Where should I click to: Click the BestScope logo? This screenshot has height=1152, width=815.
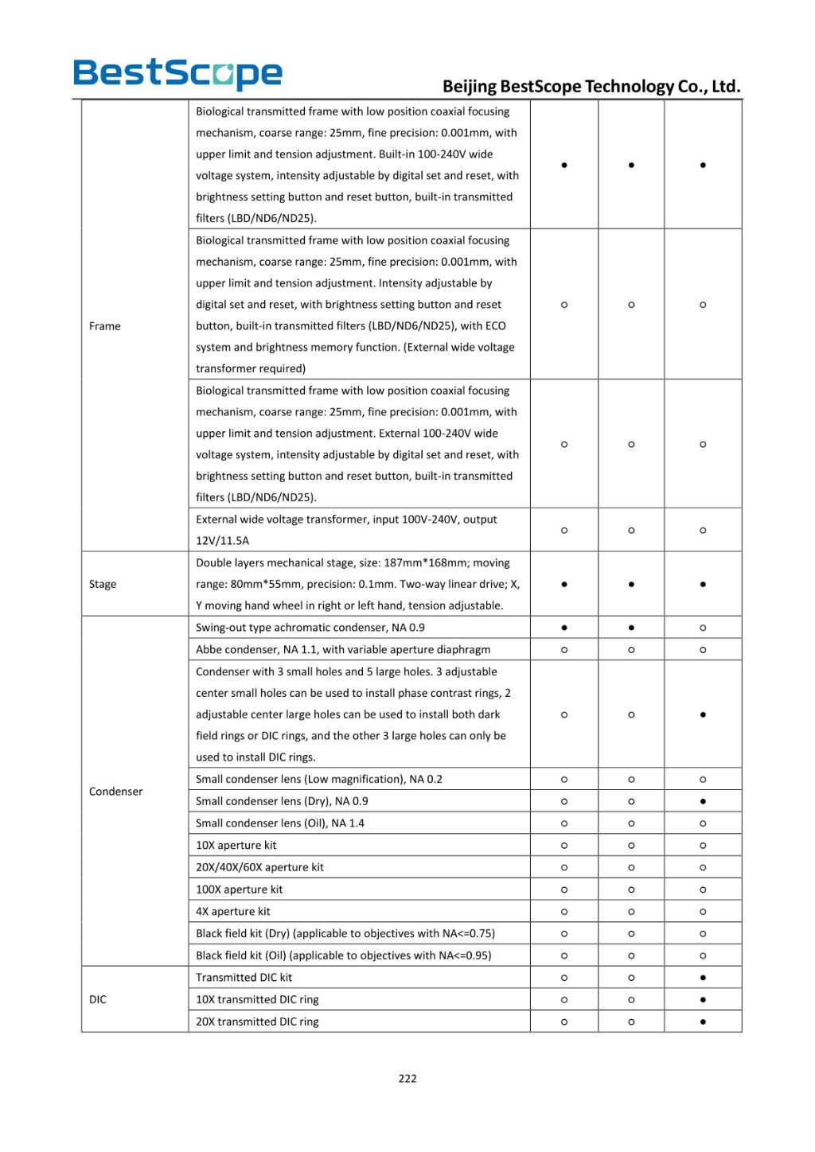[177, 73]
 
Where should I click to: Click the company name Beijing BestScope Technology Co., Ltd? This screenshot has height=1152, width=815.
[591, 87]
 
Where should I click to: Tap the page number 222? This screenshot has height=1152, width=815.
[407, 1079]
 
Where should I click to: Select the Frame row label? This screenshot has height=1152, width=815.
[105, 326]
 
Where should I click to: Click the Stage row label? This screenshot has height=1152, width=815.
[103, 584]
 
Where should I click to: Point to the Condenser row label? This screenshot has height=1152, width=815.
[116, 792]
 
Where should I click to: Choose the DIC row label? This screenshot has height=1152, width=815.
[98, 999]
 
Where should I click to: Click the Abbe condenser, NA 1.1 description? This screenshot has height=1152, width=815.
[343, 650]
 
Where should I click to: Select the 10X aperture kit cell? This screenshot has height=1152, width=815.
[236, 846]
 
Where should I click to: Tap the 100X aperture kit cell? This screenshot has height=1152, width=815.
[240, 889]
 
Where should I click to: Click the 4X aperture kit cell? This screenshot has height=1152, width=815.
[233, 912]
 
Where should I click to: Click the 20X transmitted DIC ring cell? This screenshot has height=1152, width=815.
[257, 1022]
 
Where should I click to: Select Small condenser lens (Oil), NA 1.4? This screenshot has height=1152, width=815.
[280, 823]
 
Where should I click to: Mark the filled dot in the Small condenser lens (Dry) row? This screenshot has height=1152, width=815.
[703, 801]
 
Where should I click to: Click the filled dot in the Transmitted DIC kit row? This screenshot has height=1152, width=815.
[703, 978]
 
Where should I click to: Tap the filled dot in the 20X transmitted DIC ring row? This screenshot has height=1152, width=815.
[703, 1022]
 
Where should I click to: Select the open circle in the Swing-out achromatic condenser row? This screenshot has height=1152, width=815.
[703, 628]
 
